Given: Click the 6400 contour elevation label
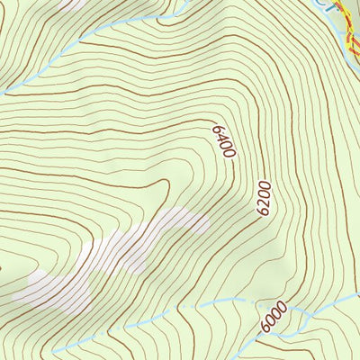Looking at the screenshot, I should (223, 141).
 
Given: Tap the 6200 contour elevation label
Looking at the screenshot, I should (263, 197).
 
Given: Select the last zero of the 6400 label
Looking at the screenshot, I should (229, 152).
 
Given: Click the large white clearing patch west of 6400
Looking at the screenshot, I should (117, 256).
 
